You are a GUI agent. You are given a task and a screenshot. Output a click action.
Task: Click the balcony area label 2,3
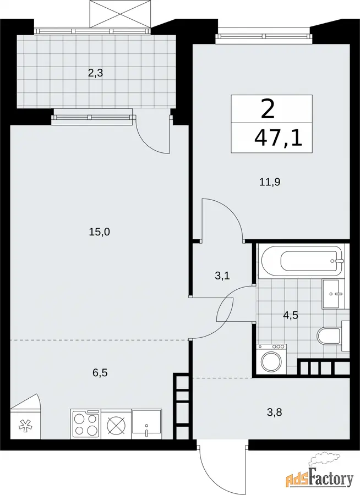click(x=95, y=74)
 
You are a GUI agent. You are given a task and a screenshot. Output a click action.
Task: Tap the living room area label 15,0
click(x=99, y=232)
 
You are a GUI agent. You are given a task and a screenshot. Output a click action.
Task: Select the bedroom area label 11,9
click(x=270, y=182)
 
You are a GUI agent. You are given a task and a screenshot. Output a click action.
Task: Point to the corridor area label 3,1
click(x=222, y=276)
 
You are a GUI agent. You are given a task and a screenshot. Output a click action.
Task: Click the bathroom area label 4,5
click(x=291, y=315)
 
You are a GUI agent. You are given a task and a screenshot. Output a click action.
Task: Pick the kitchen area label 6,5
click(x=100, y=373)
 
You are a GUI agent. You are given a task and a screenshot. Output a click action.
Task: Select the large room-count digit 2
click(x=268, y=109)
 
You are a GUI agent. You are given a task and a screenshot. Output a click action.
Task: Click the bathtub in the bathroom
click(x=302, y=261)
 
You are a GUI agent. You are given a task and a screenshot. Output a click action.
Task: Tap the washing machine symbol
click(x=271, y=359)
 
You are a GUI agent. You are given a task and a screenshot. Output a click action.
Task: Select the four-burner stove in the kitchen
click(x=86, y=424)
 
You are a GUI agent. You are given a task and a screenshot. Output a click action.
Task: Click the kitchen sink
click(x=146, y=424)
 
